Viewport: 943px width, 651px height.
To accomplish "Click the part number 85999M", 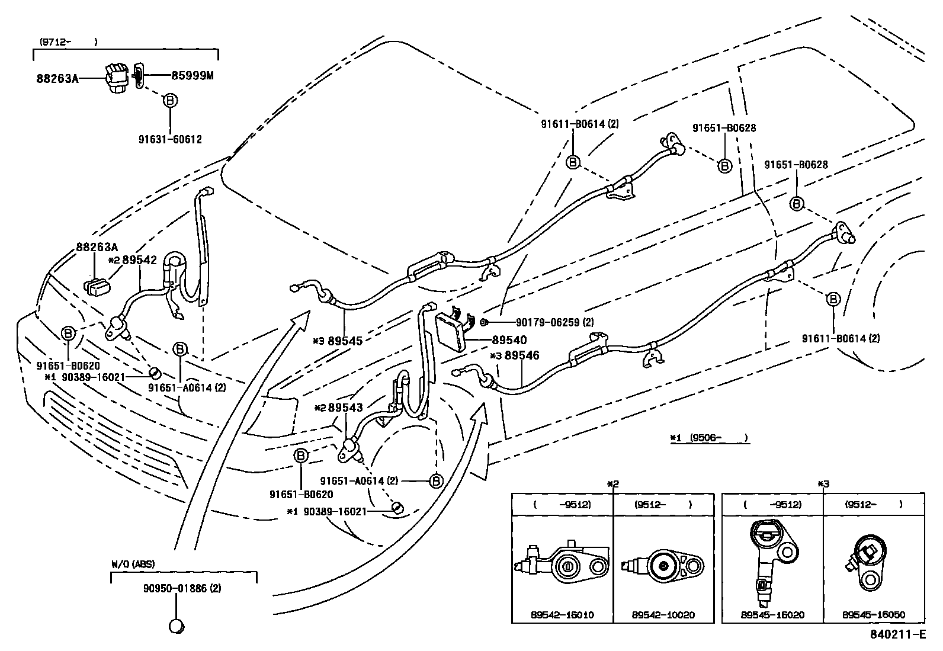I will tap(193, 75).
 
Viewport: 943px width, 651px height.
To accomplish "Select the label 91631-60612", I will tap(170, 140).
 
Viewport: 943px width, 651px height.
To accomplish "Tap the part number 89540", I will tap(509, 341).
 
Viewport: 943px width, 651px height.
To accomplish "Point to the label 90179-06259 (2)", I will tap(554, 322).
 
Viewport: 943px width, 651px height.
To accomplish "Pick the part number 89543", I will tap(345, 408).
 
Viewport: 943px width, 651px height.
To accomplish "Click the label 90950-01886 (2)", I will tap(182, 589).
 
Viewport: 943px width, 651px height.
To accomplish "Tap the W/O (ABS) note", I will tap(133, 565).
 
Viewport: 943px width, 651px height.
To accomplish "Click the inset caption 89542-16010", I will tap(562, 615).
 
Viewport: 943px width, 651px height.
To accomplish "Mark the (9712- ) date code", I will tap(68, 42).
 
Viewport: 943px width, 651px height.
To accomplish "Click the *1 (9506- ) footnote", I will tap(709, 438).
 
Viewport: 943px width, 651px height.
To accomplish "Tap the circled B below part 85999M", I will tap(170, 101).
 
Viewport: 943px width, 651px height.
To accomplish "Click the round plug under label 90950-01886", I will tap(176, 626).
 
